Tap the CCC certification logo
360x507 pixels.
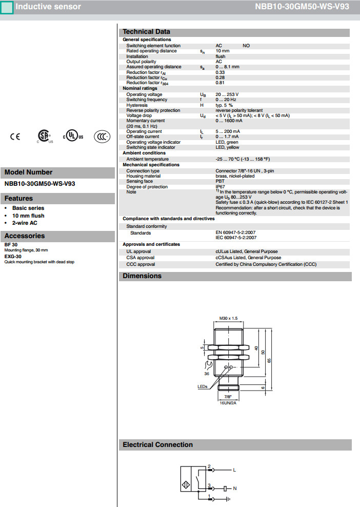[x=102, y=136]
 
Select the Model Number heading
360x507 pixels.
[x=29, y=172]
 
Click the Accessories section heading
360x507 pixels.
[x=25, y=236]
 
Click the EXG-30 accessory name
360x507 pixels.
[x=13, y=256]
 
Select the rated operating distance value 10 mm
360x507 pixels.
[x=223, y=51]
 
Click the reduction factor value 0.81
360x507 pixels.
[x=220, y=83]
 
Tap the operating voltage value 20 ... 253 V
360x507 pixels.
[x=227, y=94]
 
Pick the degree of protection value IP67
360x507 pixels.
[x=220, y=187]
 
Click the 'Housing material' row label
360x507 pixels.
[x=143, y=176]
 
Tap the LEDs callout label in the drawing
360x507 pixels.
[x=203, y=387]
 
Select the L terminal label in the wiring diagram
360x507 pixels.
[x=234, y=470]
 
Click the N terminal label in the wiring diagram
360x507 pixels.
[x=235, y=488]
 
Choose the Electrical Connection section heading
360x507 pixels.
[x=157, y=445]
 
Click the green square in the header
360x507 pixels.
[x=7, y=7]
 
